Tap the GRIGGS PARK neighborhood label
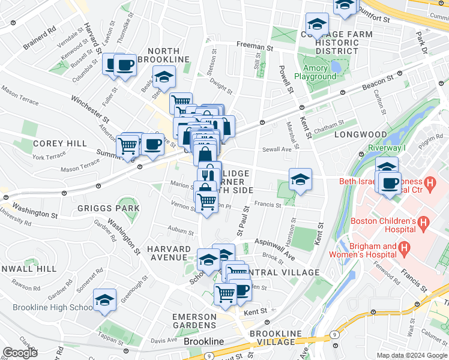[108, 208]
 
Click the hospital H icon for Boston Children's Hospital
[424, 225]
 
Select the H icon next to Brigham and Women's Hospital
[405, 247]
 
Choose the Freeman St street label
[255, 46]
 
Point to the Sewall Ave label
[277, 149]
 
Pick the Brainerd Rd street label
[40, 28]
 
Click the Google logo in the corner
[20, 352]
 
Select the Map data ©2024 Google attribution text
[411, 355]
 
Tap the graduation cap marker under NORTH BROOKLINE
[163, 77]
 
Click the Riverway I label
[391, 147]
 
